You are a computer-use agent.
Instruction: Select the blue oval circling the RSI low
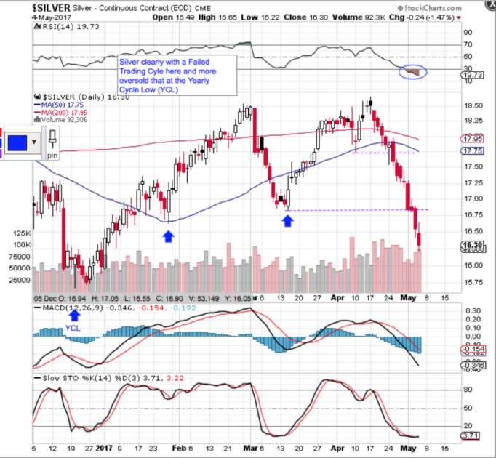coord(413,72)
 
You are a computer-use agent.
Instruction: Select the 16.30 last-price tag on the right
coord(477,245)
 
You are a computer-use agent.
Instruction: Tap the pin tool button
coord(52,143)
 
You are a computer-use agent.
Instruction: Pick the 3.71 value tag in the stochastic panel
coord(477,435)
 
